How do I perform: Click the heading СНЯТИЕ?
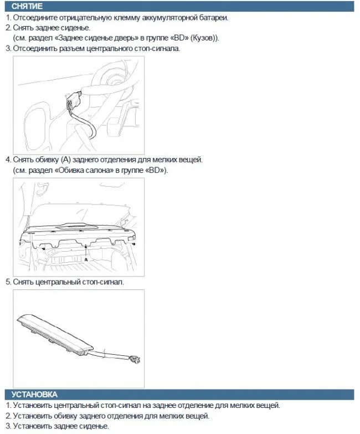pos(27,6)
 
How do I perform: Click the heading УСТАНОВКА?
pos(34,394)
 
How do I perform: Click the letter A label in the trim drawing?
pos(86,259)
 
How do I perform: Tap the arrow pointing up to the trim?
pos(86,251)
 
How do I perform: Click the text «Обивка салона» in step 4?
pos(84,170)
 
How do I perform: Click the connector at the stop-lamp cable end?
pos(135,359)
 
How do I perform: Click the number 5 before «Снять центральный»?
pos(8,282)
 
